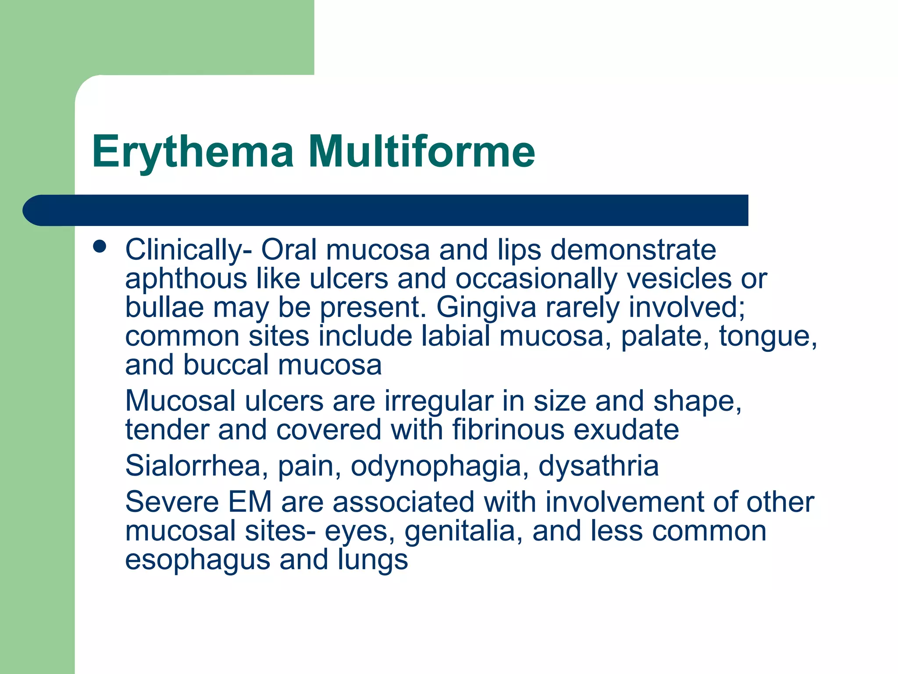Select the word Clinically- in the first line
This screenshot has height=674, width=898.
(x=189, y=250)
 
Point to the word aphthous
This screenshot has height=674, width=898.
(x=186, y=279)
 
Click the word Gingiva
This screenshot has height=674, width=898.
(x=486, y=308)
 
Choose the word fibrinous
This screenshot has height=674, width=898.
(x=508, y=430)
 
